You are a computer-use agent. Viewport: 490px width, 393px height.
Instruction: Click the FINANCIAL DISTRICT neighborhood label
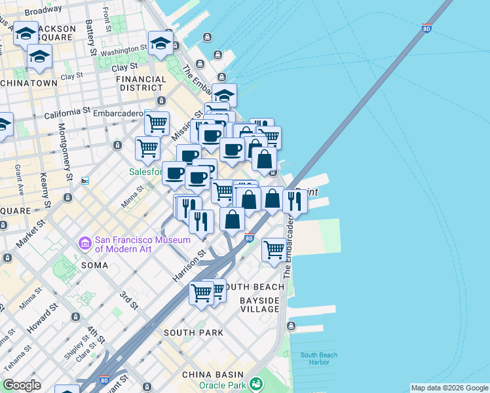(141, 83)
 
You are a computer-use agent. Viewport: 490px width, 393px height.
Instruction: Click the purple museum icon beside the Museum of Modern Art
(85, 244)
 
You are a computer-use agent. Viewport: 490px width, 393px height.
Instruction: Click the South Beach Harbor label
(319, 359)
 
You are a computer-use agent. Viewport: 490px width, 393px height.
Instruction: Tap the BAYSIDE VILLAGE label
(259, 305)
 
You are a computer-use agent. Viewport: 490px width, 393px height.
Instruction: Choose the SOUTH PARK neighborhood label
(193, 333)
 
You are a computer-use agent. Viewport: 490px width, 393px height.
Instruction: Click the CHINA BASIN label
(208, 374)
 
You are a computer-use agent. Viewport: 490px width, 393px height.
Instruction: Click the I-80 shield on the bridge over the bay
(426, 29)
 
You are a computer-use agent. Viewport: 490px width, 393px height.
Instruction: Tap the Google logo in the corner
(22, 384)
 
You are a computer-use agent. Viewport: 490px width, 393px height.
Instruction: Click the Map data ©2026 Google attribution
(449, 388)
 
